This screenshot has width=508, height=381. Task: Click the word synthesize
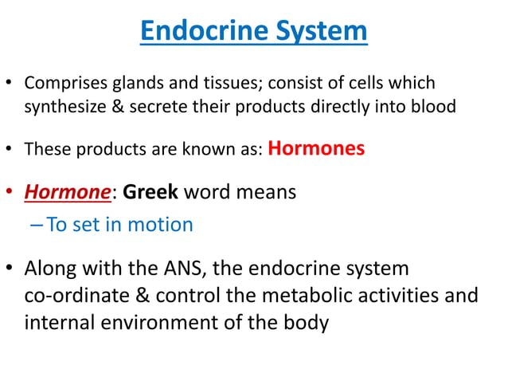(x=64, y=106)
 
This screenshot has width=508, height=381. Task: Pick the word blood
(x=435, y=106)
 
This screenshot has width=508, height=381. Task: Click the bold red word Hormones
(x=317, y=148)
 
